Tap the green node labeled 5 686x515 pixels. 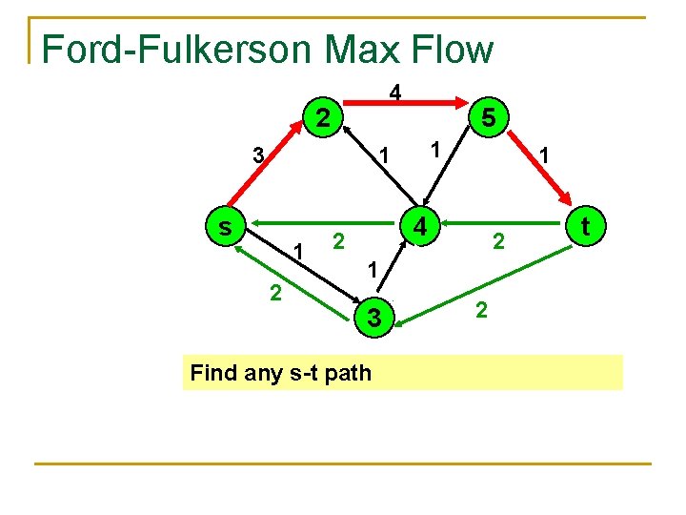[x=487, y=118]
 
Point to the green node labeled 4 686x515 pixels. [x=419, y=226]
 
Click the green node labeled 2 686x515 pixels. [x=324, y=118]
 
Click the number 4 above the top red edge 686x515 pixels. [x=394, y=93]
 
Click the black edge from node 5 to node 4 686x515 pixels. [x=454, y=172]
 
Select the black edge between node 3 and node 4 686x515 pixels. [x=394, y=277]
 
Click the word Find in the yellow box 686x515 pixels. [x=212, y=372]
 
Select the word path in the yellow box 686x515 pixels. [x=347, y=373]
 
